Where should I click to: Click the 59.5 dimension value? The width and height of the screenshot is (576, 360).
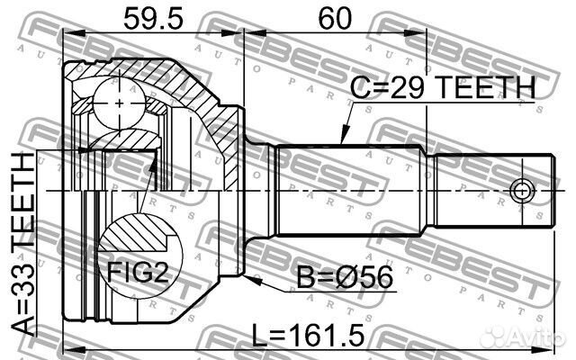coord(153,19)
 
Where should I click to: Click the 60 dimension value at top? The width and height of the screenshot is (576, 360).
coord(335,19)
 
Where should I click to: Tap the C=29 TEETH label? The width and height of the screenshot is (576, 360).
coord(443,87)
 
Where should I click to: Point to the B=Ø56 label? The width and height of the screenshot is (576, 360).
coord(345,278)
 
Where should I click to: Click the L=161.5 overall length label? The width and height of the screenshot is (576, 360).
coord(308,335)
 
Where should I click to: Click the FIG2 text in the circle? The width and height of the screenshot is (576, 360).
coord(137,272)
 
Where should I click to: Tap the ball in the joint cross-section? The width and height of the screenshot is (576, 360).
coord(120,103)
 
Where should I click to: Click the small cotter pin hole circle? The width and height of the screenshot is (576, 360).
coord(522,191)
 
